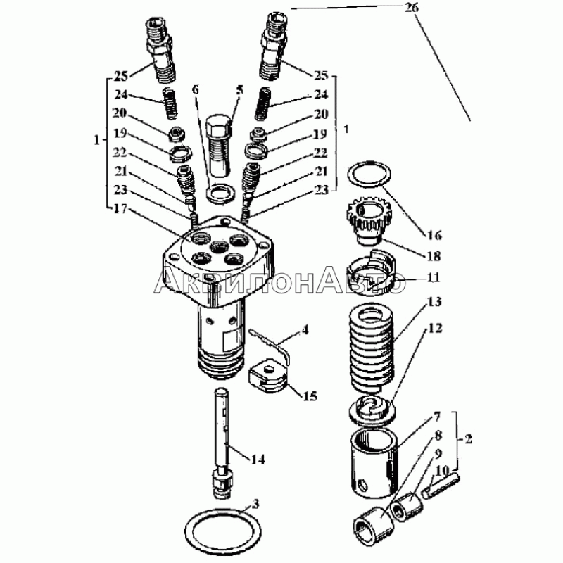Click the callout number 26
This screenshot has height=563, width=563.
412,8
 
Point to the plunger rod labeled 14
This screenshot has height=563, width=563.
223,443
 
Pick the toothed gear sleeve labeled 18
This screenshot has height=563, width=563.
369,222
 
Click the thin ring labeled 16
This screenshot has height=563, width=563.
369,174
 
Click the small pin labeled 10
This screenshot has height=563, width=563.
441,486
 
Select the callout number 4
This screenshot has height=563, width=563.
305,329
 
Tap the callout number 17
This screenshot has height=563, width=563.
121,208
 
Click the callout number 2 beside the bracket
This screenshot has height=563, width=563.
467,438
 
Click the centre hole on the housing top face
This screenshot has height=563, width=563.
219,247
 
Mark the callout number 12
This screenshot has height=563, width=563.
434,328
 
